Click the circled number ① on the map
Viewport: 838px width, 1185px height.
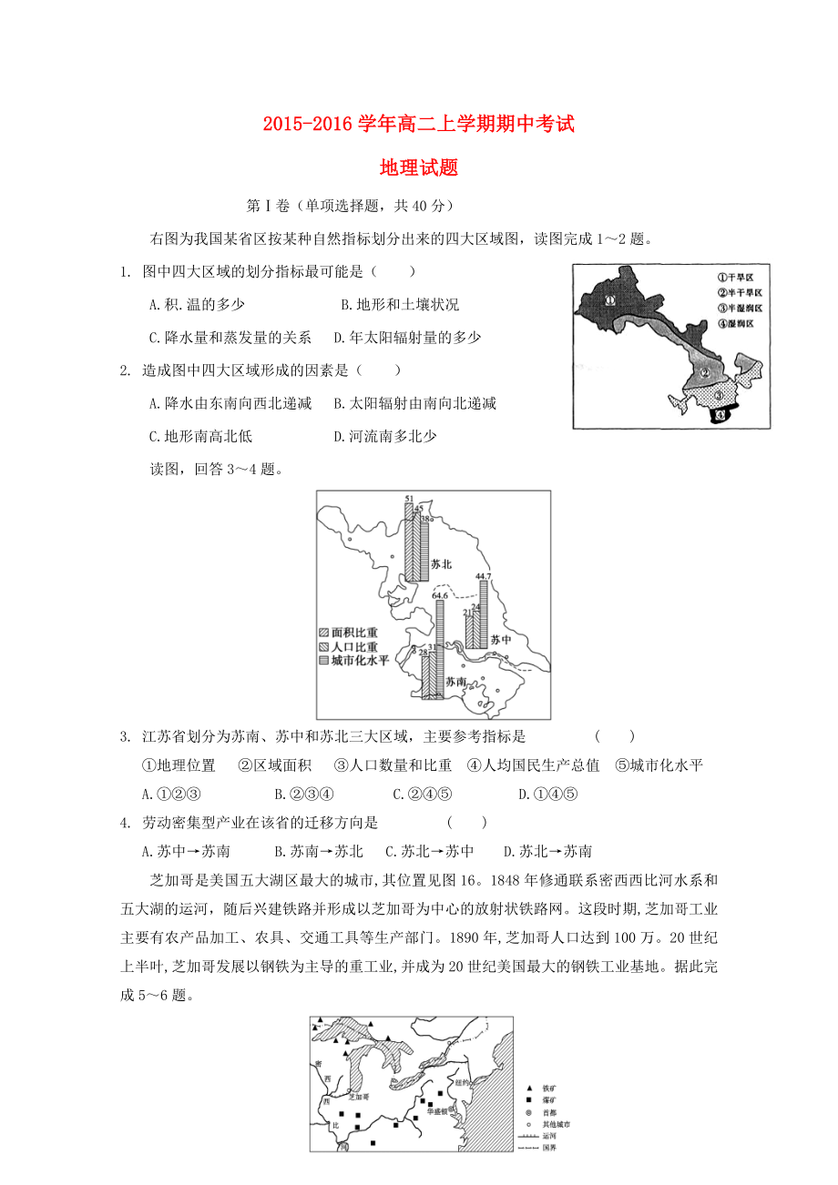tap(610, 299)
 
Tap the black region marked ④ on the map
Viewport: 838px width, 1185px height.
tap(721, 414)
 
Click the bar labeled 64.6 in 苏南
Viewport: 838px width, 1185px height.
tap(440, 637)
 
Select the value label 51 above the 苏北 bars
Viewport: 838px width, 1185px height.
tap(409, 499)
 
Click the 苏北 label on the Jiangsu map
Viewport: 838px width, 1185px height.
tap(442, 564)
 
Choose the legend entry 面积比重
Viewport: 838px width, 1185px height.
tap(355, 633)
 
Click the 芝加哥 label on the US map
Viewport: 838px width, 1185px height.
tap(359, 1097)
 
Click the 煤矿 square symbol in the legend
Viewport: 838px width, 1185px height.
tap(528, 1099)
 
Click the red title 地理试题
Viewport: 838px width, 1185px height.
tap(418, 167)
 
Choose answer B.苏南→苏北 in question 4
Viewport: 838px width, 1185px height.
tap(318, 852)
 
